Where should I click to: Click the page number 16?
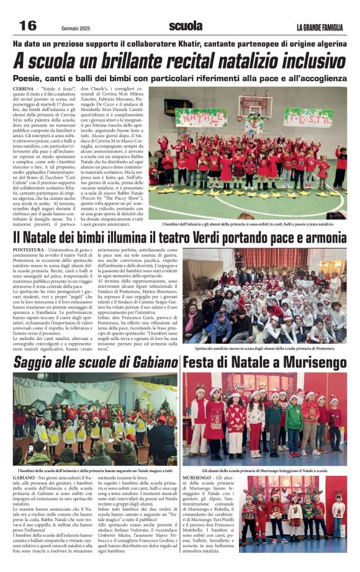tap(27, 25)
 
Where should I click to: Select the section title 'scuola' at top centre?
tap(186, 26)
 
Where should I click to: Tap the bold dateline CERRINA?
tap(25, 90)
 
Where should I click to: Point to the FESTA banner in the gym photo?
tap(317, 116)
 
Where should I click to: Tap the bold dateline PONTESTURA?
tap(29, 249)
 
